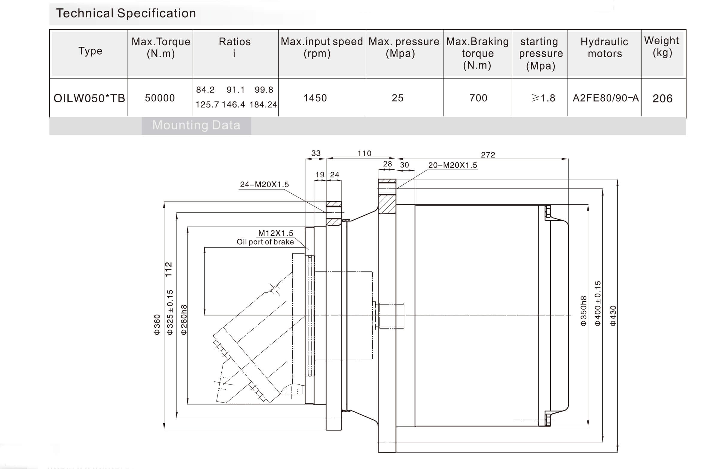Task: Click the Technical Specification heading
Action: pos(126,13)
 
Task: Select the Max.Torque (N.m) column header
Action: pos(161,47)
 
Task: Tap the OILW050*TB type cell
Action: pos(89,98)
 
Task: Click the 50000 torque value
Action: pos(160,98)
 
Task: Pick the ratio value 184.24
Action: pos(263,105)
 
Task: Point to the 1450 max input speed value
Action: pos(315,98)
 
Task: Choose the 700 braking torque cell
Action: pos(478,98)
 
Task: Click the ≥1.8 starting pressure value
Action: pos(543,98)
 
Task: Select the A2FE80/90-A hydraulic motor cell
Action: pos(605,98)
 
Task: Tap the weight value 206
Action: pos(662,99)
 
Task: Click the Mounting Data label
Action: pos(196,125)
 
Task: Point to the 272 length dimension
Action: pos(488,155)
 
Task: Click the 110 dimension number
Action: pos(364,153)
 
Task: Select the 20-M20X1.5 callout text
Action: pos(452,165)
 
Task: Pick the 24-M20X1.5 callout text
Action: pos(264,184)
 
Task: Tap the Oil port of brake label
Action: pos(265,242)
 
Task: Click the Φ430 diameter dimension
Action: pos(613,316)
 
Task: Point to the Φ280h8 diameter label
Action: pos(184,319)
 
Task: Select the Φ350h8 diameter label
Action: pos(583,311)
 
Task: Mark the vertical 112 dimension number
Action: pos(169,269)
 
